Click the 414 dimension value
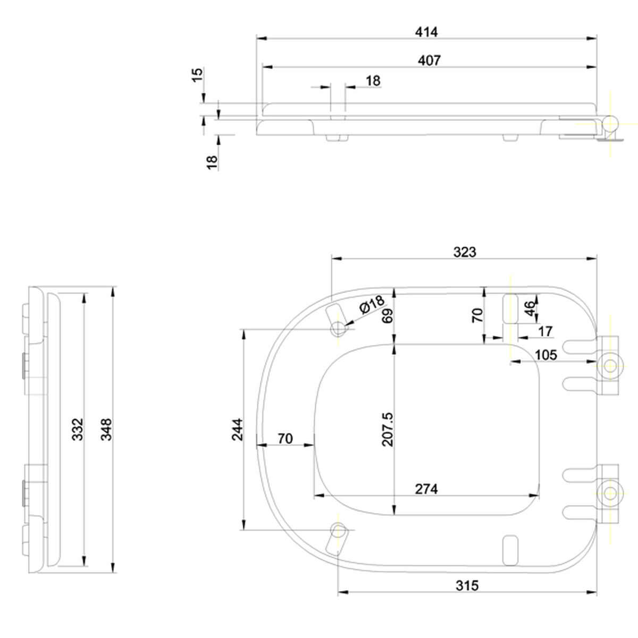(426, 32)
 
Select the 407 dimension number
(429, 61)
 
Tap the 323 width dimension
(465, 253)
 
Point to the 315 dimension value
(467, 586)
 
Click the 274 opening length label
(426, 489)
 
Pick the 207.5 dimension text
(388, 429)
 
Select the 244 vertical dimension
(237, 430)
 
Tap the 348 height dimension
(106, 430)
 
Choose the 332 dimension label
(78, 430)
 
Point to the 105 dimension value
(546, 355)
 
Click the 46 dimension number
(530, 308)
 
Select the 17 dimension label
(545, 331)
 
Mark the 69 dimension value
(388, 315)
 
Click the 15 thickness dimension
(197, 75)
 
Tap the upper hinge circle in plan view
(610, 366)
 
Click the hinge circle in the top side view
(610, 124)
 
